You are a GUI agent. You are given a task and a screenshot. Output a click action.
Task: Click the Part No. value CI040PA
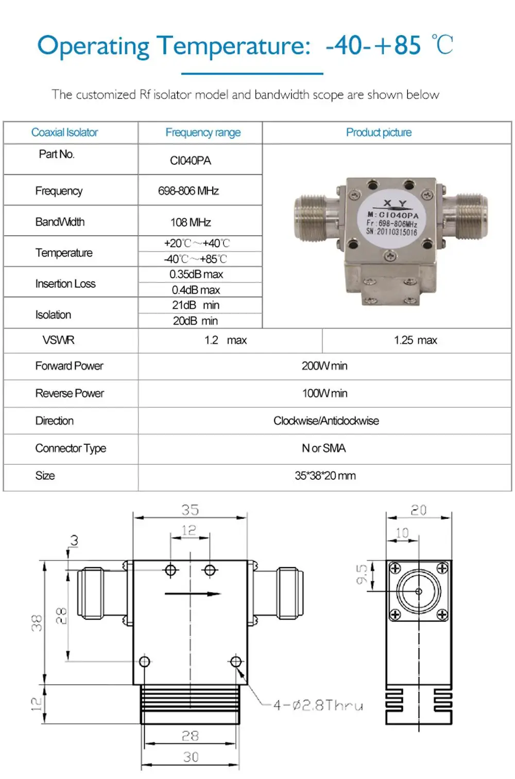(190, 161)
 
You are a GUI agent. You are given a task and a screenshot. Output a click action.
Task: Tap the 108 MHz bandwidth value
(191, 222)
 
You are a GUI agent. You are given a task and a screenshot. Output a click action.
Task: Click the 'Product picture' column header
(379, 132)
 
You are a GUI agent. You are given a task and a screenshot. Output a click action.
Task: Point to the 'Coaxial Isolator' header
(64, 132)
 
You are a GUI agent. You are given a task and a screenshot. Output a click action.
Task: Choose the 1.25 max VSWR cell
(416, 340)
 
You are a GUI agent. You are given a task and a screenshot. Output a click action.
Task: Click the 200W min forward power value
(324, 366)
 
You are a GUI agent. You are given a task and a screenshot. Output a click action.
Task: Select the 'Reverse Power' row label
(70, 393)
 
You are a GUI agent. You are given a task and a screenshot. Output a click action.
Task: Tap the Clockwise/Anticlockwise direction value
(326, 421)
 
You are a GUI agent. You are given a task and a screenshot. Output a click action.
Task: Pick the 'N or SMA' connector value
(324, 448)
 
